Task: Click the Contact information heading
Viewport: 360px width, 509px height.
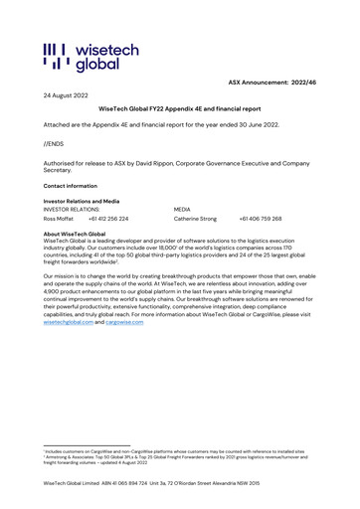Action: pos(71,186)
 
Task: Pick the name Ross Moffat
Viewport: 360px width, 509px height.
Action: pos(59,218)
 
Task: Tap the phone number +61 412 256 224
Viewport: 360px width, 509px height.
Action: pos(108,218)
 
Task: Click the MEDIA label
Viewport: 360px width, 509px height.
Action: pos(182,210)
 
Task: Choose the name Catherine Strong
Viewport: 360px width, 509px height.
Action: pos(195,218)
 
